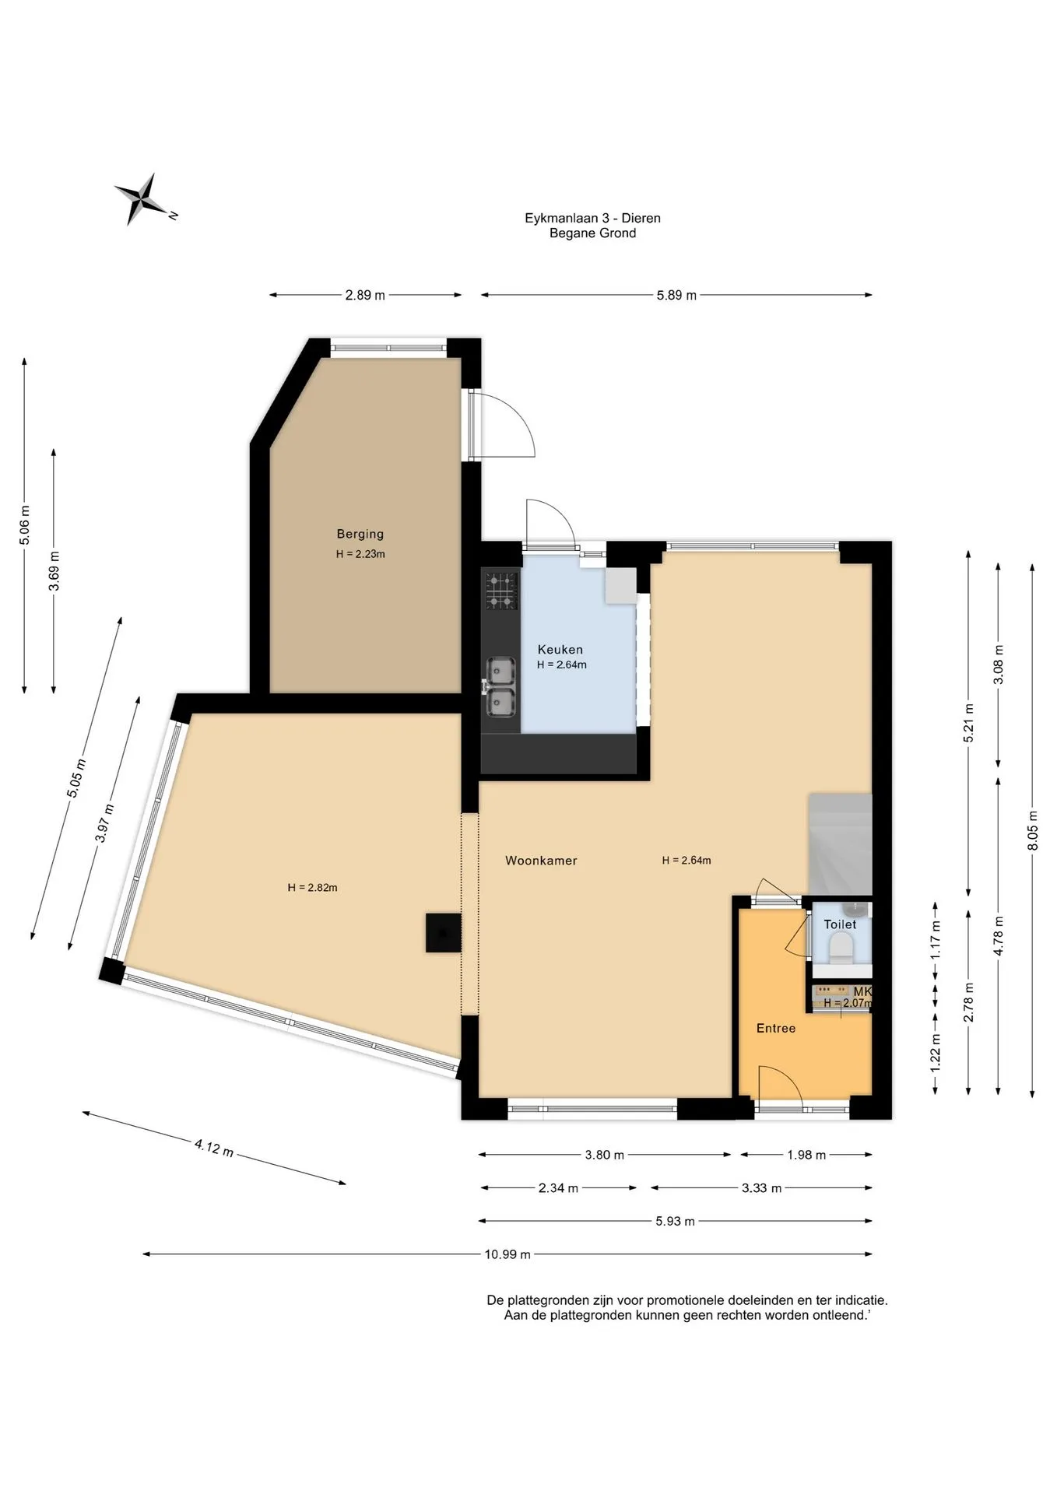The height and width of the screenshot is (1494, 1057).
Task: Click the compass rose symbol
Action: pyautogui.click(x=143, y=199)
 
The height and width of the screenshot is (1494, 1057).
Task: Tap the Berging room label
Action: pyautogui.click(x=360, y=534)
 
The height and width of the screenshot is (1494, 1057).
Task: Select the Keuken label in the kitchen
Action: pyautogui.click(x=560, y=650)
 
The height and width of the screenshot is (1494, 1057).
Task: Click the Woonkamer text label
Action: pyautogui.click(x=541, y=861)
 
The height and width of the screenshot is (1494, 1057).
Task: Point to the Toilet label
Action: pyautogui.click(x=840, y=924)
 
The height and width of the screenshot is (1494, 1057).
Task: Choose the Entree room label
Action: pyautogui.click(x=776, y=1029)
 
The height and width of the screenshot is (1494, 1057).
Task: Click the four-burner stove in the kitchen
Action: pyautogui.click(x=501, y=591)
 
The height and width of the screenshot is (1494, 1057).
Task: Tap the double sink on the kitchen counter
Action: pyautogui.click(x=500, y=687)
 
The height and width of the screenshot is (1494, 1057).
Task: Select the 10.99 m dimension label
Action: pyautogui.click(x=507, y=1254)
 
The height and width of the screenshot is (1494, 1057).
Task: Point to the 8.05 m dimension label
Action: pyautogui.click(x=1033, y=831)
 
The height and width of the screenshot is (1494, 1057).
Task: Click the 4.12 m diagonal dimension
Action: pyautogui.click(x=214, y=1148)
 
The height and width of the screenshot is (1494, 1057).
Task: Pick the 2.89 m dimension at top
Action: pyautogui.click(x=365, y=296)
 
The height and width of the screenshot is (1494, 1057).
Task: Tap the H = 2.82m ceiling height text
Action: pyautogui.click(x=312, y=888)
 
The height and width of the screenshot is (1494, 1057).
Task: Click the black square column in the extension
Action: pyautogui.click(x=443, y=932)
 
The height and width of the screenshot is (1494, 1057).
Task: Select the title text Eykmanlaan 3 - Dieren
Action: pyautogui.click(x=592, y=219)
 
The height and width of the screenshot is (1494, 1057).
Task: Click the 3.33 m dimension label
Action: pyautogui.click(x=762, y=1188)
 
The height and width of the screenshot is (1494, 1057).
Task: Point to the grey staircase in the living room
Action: pyautogui.click(x=840, y=844)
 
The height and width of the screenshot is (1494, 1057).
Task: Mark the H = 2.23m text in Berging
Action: pyautogui.click(x=360, y=555)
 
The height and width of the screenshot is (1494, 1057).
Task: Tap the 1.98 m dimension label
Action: pyautogui.click(x=806, y=1156)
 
